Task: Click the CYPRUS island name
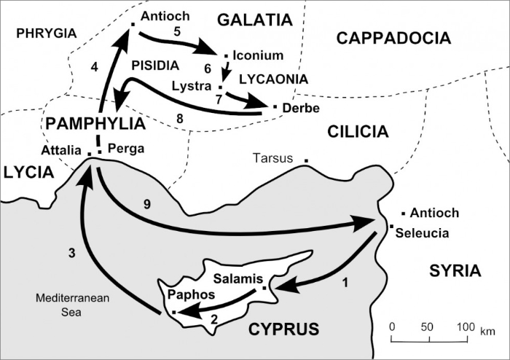click(x=284, y=329)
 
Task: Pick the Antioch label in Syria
click(x=435, y=213)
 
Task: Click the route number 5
click(x=176, y=31)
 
